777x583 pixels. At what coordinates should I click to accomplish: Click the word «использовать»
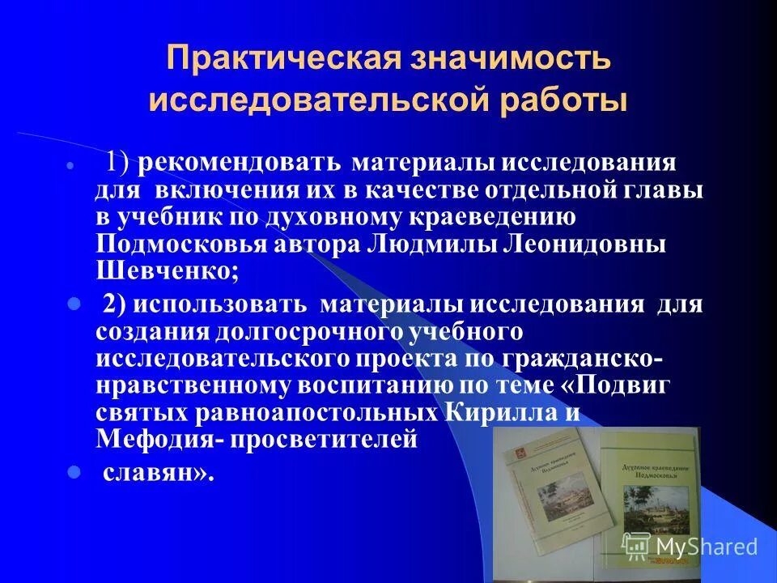pos(219,305)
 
